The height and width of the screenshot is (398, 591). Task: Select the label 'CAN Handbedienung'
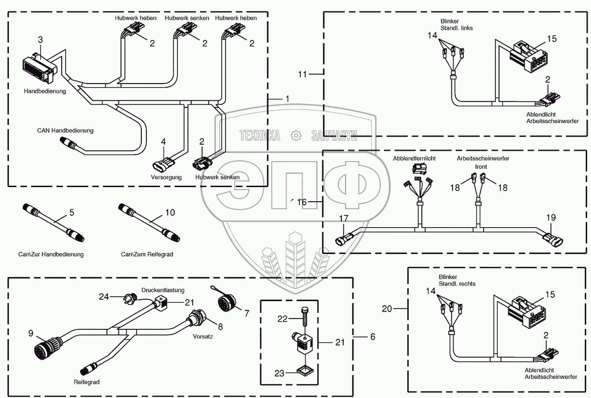coord(65,131)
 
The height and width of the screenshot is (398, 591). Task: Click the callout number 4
coord(163,142)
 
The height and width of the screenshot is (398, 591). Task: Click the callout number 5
coord(72,213)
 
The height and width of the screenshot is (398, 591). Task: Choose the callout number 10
coord(170,213)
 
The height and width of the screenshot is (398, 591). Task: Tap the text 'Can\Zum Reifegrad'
coord(147,254)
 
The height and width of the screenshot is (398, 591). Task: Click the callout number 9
coord(31,334)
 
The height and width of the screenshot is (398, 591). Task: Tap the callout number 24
coord(103,297)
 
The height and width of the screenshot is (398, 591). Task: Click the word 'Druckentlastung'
coord(163,290)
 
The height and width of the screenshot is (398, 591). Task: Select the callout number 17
coord(344,218)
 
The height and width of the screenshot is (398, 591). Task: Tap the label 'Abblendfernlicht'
coord(414,158)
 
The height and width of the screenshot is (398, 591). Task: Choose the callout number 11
coord(302,74)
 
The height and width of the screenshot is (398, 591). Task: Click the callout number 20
coord(387,309)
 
